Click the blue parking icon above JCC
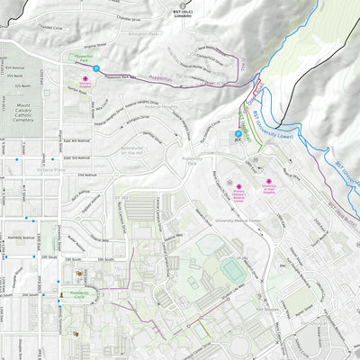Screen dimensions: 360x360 pyautogui.click(x=227, y=136)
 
